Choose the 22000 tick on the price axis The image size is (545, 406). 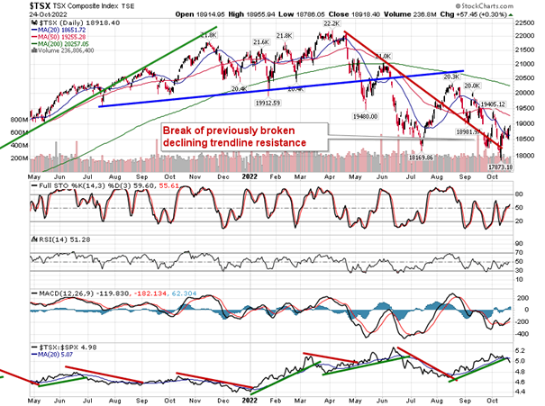pos(528,35)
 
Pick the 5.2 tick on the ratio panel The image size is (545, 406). pos(521,350)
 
